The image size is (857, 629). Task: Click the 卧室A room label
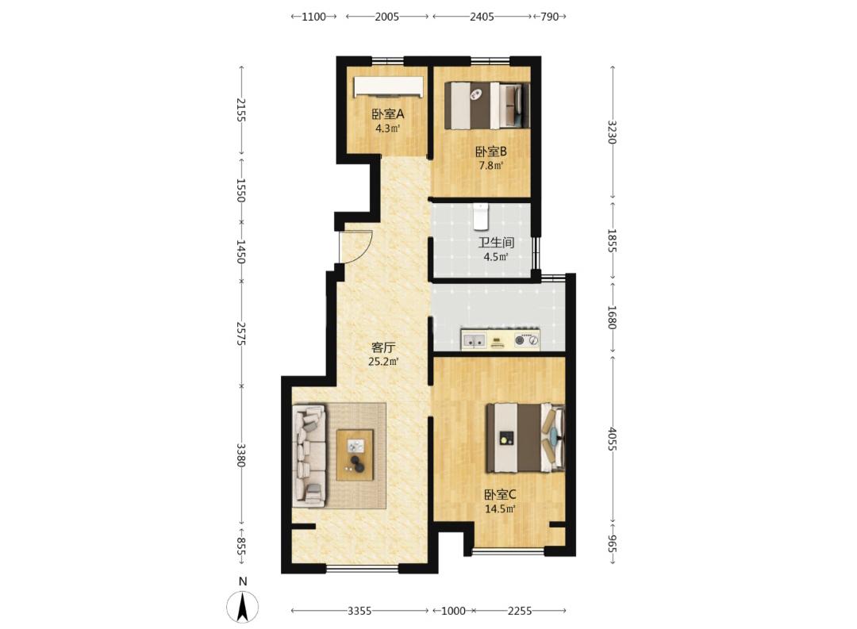(x=387, y=114)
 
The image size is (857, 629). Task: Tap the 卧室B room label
(x=491, y=151)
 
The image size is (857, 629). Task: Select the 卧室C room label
(x=500, y=495)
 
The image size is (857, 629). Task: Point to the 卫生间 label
(x=496, y=243)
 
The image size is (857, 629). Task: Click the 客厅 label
(x=383, y=347)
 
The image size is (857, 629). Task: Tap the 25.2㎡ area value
(x=383, y=361)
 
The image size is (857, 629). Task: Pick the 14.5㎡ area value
(x=500, y=508)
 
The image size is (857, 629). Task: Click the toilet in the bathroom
(x=480, y=216)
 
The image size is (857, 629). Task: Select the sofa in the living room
(x=310, y=456)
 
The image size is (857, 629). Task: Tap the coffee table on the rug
(x=355, y=455)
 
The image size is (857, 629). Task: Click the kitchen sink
(x=473, y=341)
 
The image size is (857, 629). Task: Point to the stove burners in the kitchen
(x=527, y=341)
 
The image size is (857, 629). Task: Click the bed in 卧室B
(x=487, y=105)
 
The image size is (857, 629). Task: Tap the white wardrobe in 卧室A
(x=388, y=87)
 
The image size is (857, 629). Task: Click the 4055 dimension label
(x=612, y=439)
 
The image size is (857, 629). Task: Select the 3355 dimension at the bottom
(x=359, y=611)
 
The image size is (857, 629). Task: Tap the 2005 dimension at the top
(x=387, y=17)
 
